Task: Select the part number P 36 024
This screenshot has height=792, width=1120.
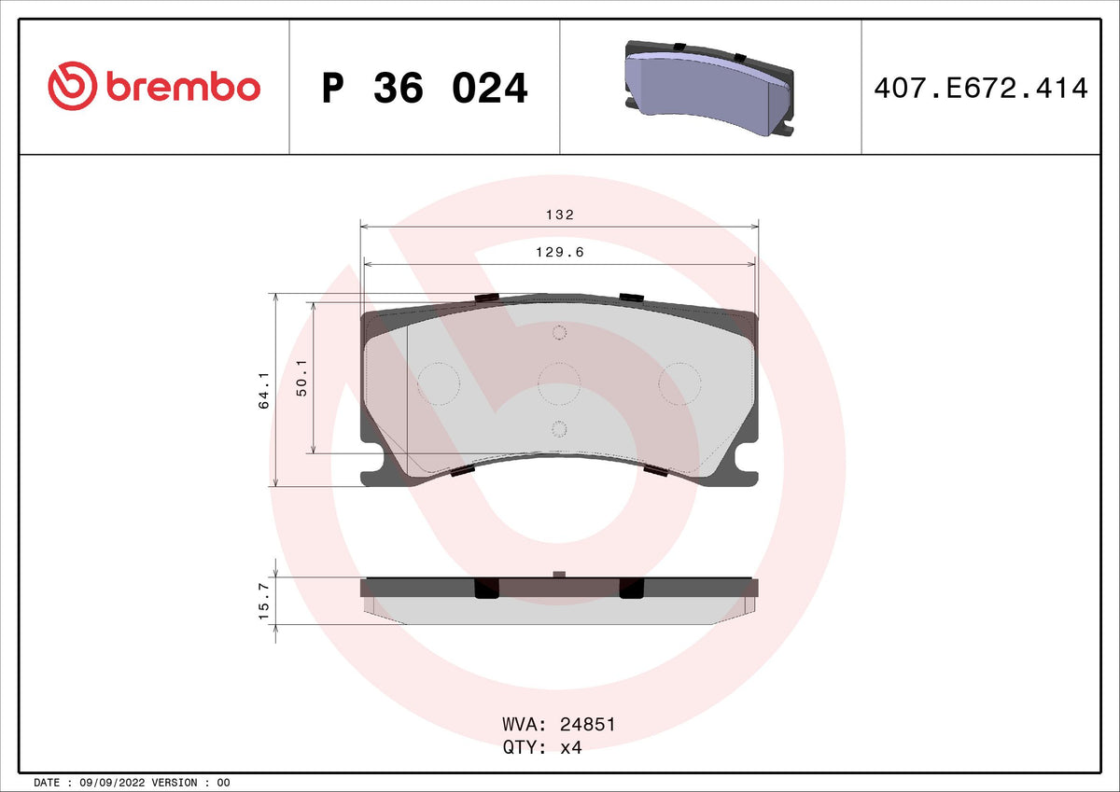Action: tap(425, 89)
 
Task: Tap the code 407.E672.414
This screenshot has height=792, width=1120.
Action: tap(981, 88)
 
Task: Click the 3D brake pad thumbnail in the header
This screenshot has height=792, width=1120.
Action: tap(709, 89)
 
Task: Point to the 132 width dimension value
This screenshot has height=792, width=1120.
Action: tap(559, 215)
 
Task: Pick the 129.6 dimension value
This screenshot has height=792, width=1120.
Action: tap(559, 253)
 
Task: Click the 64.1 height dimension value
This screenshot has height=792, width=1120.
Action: tap(263, 390)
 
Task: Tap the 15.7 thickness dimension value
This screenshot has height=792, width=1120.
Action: tap(263, 601)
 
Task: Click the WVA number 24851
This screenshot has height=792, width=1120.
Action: tap(587, 724)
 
